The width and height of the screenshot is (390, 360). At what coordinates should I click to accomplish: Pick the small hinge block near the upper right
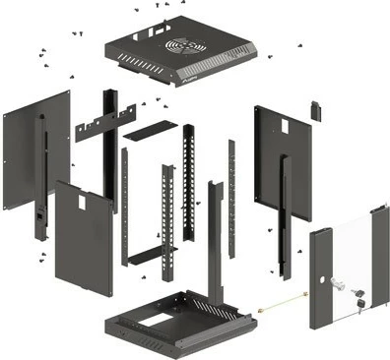316,108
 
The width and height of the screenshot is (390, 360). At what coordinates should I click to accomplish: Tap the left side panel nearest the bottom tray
84,236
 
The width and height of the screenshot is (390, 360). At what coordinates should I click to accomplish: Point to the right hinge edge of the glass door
380,261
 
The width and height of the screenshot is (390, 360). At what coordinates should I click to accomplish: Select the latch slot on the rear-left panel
40,212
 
